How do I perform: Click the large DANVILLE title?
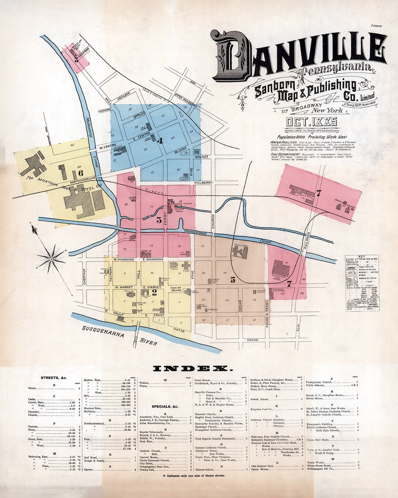coord(298,55)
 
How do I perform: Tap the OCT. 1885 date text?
coord(312,122)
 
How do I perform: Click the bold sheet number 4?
coord(160,141)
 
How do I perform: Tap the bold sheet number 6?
coord(81,173)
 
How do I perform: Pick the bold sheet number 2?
coord(154,293)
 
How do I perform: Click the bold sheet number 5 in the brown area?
coord(233,280)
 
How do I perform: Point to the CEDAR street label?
coord(241,305)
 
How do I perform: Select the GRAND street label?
coord(252,340)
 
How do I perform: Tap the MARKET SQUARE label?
coord(176,289)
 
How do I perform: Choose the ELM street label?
coord(298,327)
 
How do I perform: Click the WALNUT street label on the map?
coord(201,157)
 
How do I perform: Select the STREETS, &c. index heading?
coord(54,378)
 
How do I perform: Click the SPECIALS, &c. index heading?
coord(165,407)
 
